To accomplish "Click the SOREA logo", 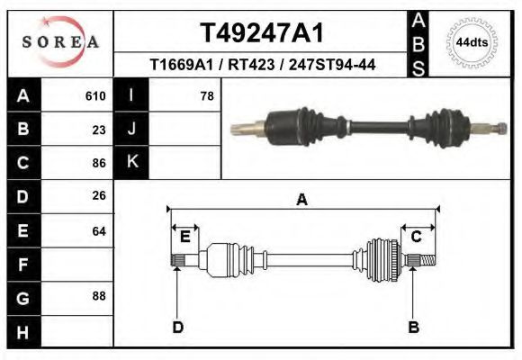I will pyautogui.click(x=60, y=43).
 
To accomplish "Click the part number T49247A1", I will pyautogui.click(x=261, y=33).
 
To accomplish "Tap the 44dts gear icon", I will pyautogui.click(x=469, y=43).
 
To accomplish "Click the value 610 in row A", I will pyautogui.click(x=94, y=95).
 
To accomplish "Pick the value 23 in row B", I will pyautogui.click(x=98, y=130).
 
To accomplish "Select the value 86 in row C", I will pyautogui.click(x=98, y=164).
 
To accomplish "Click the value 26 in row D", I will pyautogui.click(x=98, y=195).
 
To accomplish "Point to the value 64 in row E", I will pyautogui.click(x=98, y=231).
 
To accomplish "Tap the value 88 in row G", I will pyautogui.click(x=98, y=295).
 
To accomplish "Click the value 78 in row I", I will pyautogui.click(x=206, y=95).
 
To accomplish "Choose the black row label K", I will pyautogui.click(x=131, y=163).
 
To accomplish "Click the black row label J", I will pyautogui.click(x=131, y=130).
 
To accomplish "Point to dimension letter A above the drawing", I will pyautogui.click(x=301, y=201).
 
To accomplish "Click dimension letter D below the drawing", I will pyautogui.click(x=177, y=327).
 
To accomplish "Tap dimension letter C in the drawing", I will pyautogui.click(x=417, y=237).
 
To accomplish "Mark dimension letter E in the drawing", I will pyautogui.click(x=185, y=237).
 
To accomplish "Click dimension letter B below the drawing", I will pyautogui.click(x=414, y=327).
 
